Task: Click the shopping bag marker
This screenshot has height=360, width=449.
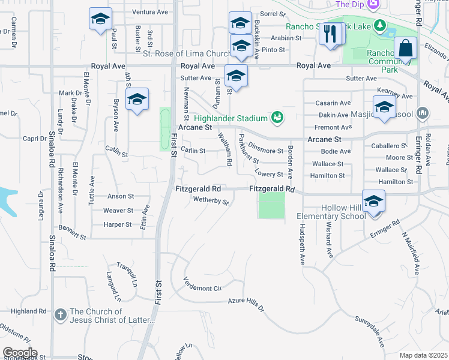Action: pyautogui.click(x=406, y=48)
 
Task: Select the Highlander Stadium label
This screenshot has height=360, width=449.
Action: pyautogui.click(x=231, y=116)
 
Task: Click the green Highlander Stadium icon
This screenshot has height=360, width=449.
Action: pyautogui.click(x=276, y=116)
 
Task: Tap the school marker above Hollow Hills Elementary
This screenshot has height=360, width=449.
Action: pyautogui.click(x=373, y=200)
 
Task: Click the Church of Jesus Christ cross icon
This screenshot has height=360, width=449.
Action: pyautogui.click(x=60, y=314)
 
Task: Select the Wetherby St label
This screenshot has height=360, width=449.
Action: pyautogui.click(x=210, y=200)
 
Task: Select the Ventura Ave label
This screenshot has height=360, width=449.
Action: pyautogui.click(x=150, y=12)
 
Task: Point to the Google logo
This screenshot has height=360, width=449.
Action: pyautogui.click(x=20, y=353)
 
